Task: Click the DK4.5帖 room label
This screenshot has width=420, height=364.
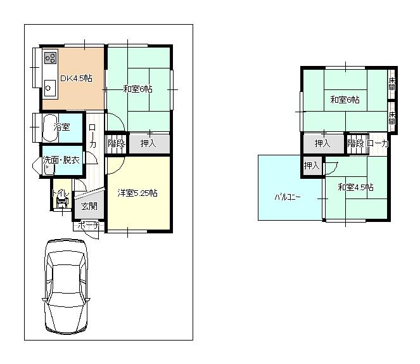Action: (76, 79)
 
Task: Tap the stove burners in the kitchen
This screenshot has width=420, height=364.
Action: (49, 61)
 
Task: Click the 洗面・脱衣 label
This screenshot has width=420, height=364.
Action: (61, 160)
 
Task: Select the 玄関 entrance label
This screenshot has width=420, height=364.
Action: (89, 205)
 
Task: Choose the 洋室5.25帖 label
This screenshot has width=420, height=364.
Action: (137, 193)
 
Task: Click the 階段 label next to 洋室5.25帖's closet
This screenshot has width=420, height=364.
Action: (117, 144)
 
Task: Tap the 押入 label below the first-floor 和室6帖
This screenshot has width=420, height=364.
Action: (148, 144)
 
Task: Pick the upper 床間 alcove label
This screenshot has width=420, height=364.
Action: (393, 82)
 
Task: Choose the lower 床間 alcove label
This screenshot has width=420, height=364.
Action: (393, 117)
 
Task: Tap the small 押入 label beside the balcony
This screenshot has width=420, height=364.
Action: (311, 166)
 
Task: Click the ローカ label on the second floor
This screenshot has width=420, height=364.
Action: (378, 144)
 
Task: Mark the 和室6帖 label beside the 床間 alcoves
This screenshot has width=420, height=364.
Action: (345, 100)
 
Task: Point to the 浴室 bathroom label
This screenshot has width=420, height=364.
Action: (61, 127)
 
